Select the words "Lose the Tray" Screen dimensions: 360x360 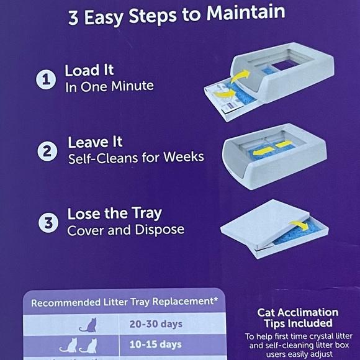pos(114,213)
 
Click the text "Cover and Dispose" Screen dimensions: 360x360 pos(126,230)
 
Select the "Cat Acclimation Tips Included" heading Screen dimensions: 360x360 pos(297,317)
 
